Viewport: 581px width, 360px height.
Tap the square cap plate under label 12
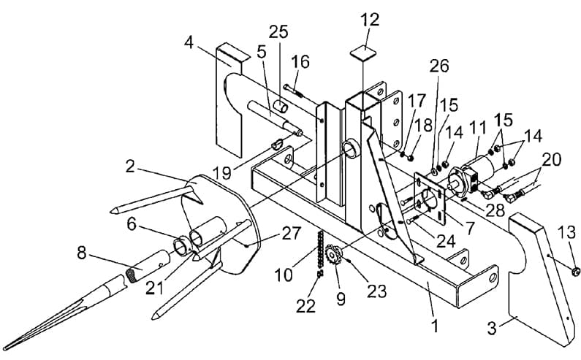tap(363, 53)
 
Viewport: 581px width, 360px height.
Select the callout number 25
tap(278, 32)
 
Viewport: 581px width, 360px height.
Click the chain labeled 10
tap(319, 253)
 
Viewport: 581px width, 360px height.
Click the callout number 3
tap(491, 329)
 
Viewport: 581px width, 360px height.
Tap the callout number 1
tap(435, 326)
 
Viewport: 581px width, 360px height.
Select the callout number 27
tap(292, 234)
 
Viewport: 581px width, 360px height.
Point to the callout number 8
tap(82, 253)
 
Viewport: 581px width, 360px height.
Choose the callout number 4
tap(189, 42)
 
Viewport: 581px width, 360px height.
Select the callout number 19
tap(223, 172)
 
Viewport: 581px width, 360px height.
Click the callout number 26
tap(439, 66)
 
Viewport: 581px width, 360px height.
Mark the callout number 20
tap(551, 160)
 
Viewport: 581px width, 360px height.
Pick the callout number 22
tap(305, 306)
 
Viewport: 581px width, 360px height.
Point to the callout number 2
tap(129, 166)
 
